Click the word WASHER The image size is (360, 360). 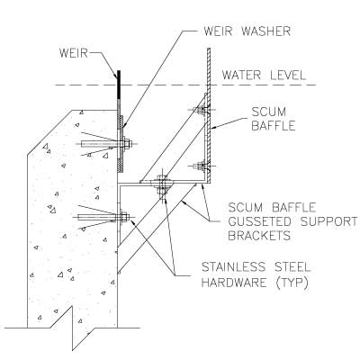[266, 31]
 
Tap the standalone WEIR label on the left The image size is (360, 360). [74, 53]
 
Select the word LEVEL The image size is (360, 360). [288, 75]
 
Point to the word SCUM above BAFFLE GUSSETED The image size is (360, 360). [245, 207]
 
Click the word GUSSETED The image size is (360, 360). [259, 221]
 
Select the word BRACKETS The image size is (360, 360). [259, 236]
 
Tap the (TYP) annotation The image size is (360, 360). [292, 283]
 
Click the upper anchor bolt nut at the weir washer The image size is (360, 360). [127, 144]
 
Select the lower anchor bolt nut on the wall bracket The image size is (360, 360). [124, 217]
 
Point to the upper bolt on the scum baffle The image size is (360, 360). [201, 110]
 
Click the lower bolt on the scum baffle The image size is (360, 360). [202, 166]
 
